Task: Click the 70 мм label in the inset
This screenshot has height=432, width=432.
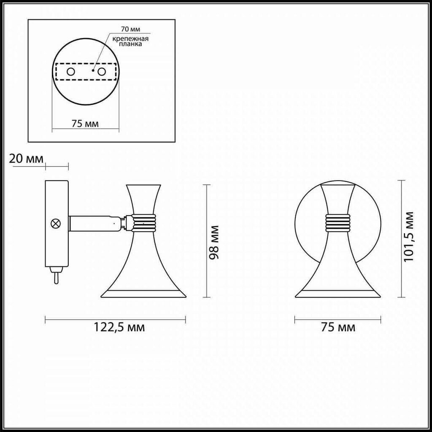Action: [130, 29]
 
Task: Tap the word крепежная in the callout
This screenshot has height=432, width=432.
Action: [130, 38]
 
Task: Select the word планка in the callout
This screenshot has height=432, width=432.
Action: [130, 44]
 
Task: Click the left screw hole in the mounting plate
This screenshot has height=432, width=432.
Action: [71, 72]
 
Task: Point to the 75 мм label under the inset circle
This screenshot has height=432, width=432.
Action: [85, 124]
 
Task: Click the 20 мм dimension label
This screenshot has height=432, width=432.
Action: [26, 159]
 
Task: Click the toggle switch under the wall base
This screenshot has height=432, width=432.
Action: [56, 274]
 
